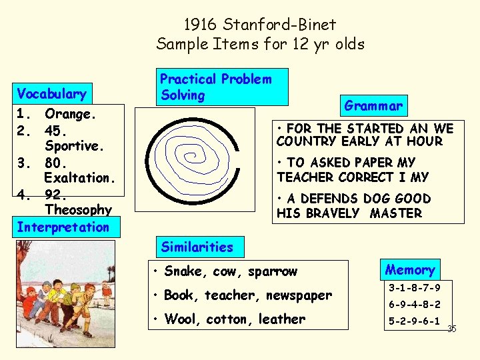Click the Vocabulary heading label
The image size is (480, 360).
pyautogui.click(x=52, y=93)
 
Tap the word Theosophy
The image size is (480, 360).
pyautogui.click(x=78, y=210)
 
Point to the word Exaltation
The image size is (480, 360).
pyautogui.click(x=80, y=178)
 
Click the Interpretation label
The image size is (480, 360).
pyautogui.click(x=63, y=227)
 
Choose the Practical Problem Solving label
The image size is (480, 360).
pyautogui.click(x=215, y=87)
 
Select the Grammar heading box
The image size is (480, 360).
pyautogui.click(x=373, y=105)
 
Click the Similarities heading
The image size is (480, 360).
pyautogui.click(x=197, y=247)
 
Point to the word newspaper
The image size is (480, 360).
pyautogui.click(x=298, y=295)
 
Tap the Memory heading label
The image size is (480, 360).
pyautogui.click(x=409, y=269)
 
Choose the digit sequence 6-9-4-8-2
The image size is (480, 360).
pyautogui.click(x=414, y=305)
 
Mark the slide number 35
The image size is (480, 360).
pyautogui.click(x=451, y=329)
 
